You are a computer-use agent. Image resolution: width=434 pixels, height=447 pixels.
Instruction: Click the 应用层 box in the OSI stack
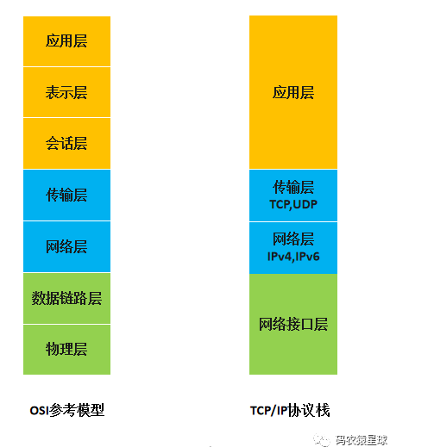click(x=66, y=41)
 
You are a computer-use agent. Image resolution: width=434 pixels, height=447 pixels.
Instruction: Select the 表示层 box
click(x=66, y=92)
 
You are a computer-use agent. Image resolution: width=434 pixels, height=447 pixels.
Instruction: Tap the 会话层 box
click(x=66, y=144)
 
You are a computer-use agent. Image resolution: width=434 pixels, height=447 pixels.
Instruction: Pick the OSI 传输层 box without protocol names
click(x=66, y=196)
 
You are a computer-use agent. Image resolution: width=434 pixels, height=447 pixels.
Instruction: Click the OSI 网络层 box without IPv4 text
click(x=66, y=247)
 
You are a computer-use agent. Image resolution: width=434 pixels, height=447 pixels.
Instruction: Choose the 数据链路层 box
click(x=66, y=298)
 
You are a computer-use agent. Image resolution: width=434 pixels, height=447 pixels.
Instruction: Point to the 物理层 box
click(x=66, y=350)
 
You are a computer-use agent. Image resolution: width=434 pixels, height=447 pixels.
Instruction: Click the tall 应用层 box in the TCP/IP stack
click(x=293, y=92)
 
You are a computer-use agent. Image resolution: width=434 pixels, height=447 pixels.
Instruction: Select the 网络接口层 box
click(x=293, y=324)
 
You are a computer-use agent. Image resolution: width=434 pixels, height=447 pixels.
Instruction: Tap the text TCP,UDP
click(x=293, y=205)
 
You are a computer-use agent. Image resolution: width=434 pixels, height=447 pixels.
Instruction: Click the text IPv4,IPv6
click(x=293, y=257)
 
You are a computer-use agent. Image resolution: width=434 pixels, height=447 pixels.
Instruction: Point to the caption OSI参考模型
click(x=67, y=410)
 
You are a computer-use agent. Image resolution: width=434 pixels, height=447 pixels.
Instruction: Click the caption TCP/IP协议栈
click(x=290, y=410)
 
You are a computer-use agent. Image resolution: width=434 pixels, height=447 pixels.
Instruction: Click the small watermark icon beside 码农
click(x=322, y=440)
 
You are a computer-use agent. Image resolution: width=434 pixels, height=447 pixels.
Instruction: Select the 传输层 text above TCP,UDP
click(x=293, y=187)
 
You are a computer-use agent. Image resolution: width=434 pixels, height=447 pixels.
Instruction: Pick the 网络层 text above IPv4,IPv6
click(x=293, y=239)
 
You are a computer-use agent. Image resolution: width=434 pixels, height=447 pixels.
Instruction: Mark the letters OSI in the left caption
click(x=39, y=411)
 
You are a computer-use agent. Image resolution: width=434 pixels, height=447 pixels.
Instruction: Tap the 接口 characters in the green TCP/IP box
click(x=300, y=324)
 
